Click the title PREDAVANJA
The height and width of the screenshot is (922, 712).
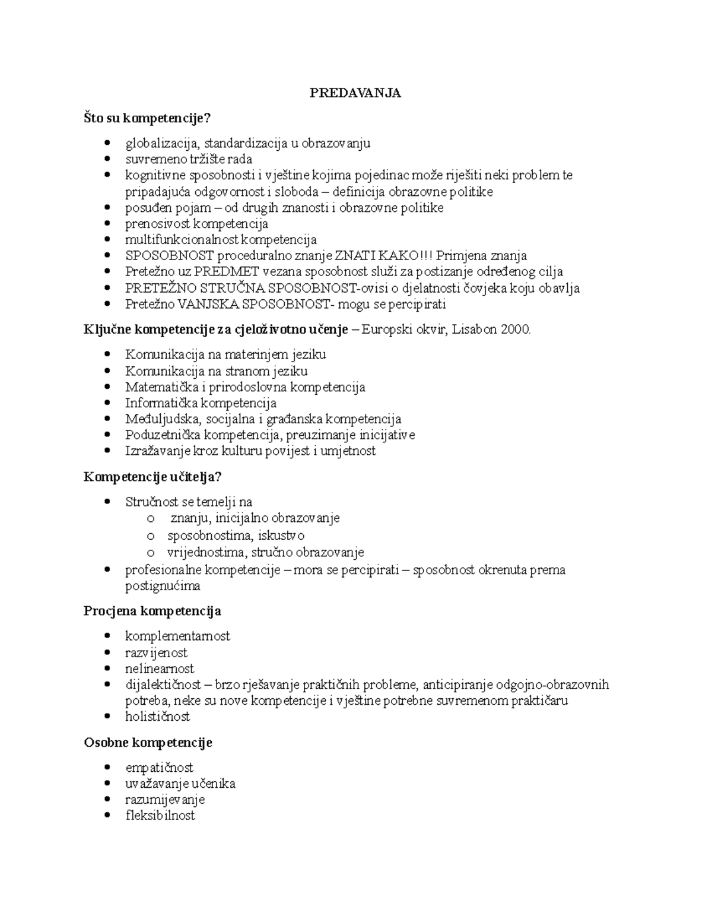(x=355, y=93)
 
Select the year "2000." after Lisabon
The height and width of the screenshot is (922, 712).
(x=516, y=330)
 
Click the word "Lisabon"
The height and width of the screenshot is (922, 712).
(x=475, y=330)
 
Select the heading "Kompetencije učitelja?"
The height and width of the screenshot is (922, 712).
(x=152, y=477)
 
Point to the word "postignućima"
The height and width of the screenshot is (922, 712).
(x=163, y=586)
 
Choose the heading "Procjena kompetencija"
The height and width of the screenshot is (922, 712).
(x=152, y=611)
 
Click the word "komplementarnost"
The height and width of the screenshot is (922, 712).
(x=177, y=636)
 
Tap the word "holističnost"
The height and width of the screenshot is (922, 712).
(x=157, y=717)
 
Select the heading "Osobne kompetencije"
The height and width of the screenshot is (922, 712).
(x=148, y=743)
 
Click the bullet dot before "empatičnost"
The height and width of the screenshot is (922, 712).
(x=107, y=768)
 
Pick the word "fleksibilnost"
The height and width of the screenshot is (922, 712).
(x=160, y=816)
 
